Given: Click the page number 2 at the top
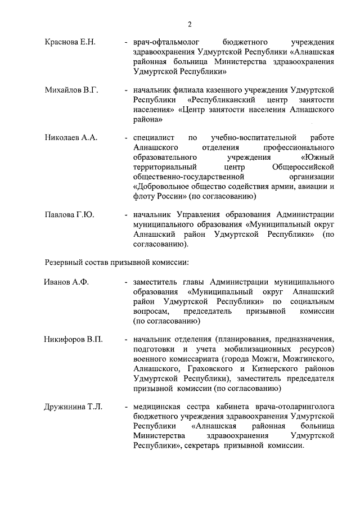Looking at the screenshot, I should click(190, 24).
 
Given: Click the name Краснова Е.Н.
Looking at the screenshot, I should click(70, 42).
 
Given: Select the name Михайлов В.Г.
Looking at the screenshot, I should click(71, 90).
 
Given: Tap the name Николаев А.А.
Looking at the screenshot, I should click(71, 137).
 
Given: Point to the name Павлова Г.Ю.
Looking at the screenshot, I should click(69, 215).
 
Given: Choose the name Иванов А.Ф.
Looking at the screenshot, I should click(66, 281).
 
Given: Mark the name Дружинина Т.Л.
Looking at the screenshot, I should click(73, 407).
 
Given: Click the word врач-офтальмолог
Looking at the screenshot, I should click(164, 42).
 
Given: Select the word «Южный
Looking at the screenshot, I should click(318, 157).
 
